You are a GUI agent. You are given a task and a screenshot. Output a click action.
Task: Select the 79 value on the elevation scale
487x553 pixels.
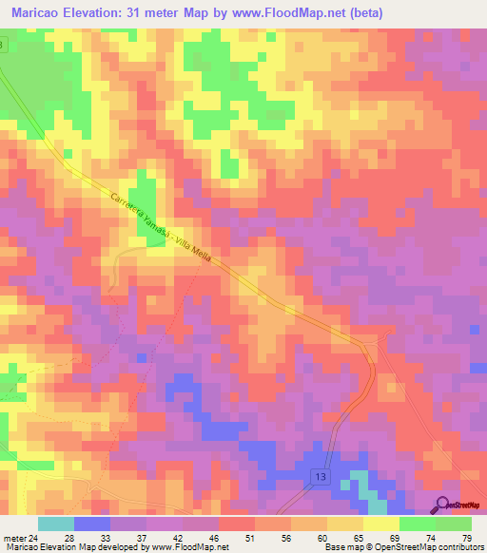click(467, 537)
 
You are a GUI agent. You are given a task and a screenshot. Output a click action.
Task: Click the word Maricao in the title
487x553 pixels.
click(39, 13)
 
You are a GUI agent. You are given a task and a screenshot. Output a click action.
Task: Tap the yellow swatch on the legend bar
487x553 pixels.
click(380, 524)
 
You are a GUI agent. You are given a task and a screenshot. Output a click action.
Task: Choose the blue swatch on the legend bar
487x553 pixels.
click(91, 524)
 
